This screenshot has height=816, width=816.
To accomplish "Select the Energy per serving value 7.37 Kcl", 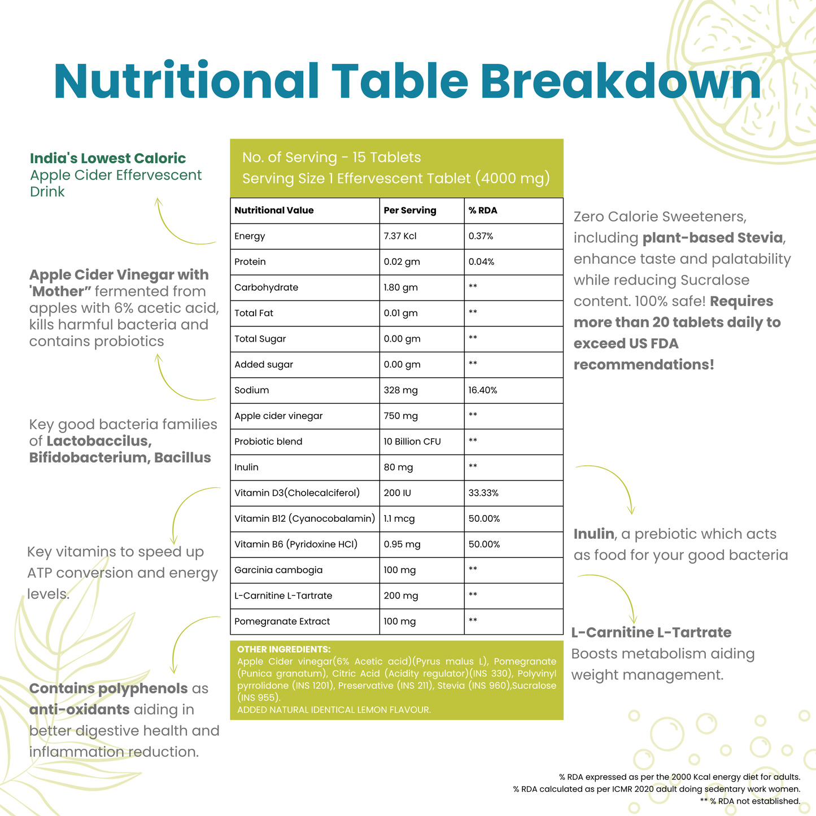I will click(400, 236).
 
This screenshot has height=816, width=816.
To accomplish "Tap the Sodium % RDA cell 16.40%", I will click(483, 390).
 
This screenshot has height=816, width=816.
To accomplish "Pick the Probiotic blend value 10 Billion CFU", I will click(412, 442).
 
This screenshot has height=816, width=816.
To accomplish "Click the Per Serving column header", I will click(410, 211).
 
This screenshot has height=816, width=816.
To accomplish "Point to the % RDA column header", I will click(483, 211).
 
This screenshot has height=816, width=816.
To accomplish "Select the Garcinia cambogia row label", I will click(278, 570).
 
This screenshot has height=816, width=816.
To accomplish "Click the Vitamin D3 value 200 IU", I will click(398, 493).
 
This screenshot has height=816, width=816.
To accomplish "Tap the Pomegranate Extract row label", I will click(282, 621).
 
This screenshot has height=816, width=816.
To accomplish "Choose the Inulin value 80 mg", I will click(398, 467).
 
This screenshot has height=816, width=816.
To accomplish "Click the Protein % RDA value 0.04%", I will click(481, 262).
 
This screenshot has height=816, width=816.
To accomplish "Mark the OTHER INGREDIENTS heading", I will click(283, 649).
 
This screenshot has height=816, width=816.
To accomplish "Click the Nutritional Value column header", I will click(274, 211).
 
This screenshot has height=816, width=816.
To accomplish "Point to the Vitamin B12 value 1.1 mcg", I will click(399, 518).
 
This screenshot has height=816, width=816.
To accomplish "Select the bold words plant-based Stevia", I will click(713, 238).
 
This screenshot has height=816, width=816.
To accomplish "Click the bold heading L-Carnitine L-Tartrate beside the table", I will click(651, 632).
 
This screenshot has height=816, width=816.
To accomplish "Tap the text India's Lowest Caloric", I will click(108, 158).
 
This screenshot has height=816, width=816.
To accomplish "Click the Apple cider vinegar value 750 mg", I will click(400, 416).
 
